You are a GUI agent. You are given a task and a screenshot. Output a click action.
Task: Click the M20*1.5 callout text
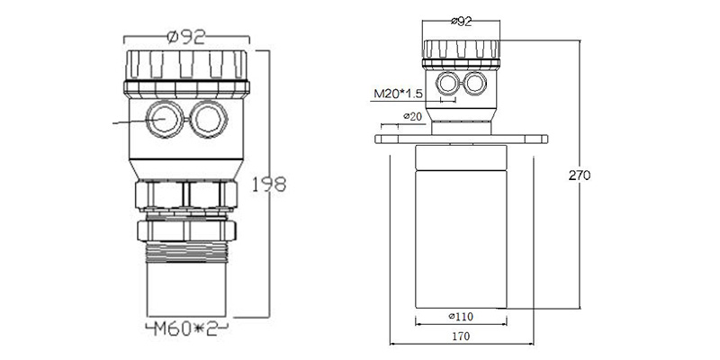396,94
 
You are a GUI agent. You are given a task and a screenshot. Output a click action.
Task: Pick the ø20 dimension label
412,116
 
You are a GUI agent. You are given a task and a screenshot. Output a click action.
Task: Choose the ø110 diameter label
460,316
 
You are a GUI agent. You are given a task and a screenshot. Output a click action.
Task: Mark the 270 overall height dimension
580,175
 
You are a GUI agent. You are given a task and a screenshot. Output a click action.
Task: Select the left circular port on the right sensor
447,84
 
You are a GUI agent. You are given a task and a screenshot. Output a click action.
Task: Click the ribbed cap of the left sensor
186,65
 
